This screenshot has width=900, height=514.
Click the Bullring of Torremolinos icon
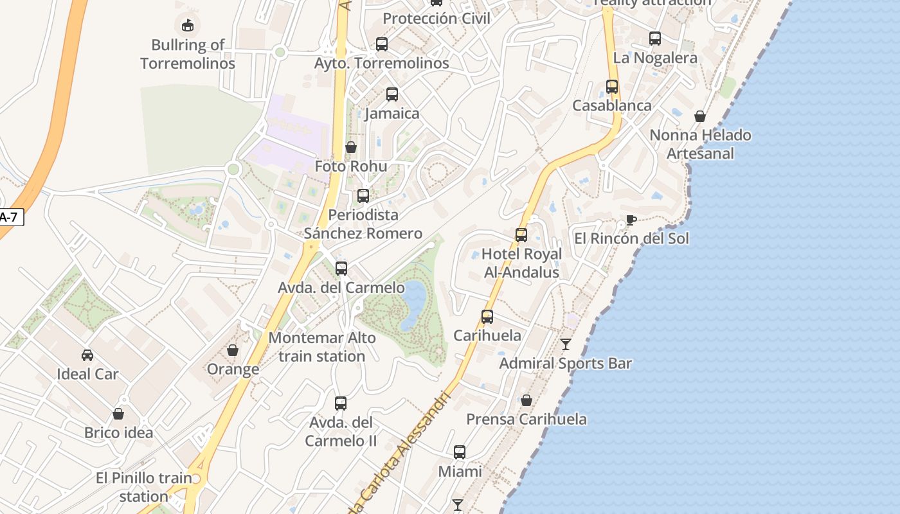tap(187, 26)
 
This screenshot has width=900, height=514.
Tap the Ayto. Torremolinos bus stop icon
tap(382, 44)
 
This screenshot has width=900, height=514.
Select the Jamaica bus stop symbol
tap(392, 94)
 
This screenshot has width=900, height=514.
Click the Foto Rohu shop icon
tap(351, 148)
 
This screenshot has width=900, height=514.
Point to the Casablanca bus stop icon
tap(612, 87)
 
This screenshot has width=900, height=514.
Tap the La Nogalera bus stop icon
tap(655, 39)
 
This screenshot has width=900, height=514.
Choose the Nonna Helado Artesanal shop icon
tap(700, 116)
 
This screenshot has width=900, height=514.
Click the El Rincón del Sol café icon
tap(631, 220)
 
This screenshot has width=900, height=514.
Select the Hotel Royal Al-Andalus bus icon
tap(521, 235)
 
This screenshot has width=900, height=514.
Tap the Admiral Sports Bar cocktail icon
tap(566, 344)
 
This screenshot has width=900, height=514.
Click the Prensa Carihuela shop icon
tap(526, 400)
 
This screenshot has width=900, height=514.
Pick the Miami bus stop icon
tap(460, 452)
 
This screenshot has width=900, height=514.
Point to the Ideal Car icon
tap(87, 355)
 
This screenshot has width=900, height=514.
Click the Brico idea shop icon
tap(118, 414)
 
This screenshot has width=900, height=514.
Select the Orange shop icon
tap(233, 350)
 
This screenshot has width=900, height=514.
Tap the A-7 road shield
tap(9, 217)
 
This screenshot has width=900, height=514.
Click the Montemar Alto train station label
tap(322, 347)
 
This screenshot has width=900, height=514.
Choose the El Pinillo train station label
tap(144, 487)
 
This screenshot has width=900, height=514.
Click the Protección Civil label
tap(437, 19)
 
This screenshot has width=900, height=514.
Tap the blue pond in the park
tap(413, 302)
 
